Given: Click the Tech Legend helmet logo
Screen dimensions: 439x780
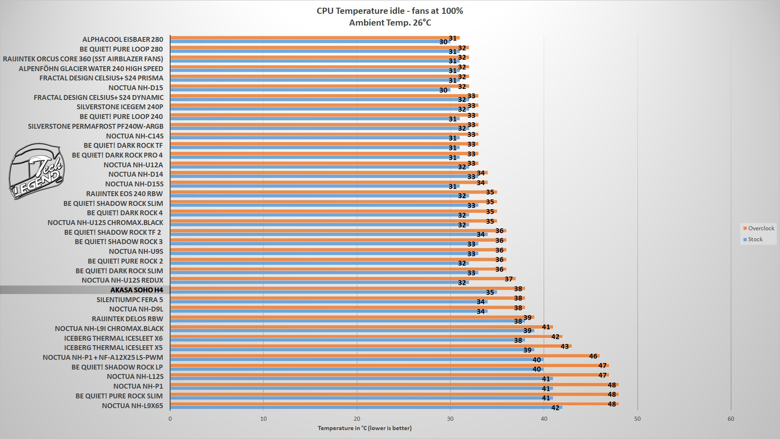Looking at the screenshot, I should (x=36, y=172).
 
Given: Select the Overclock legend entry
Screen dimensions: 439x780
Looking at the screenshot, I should (x=758, y=228).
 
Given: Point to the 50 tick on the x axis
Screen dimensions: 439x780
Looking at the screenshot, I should (x=637, y=419).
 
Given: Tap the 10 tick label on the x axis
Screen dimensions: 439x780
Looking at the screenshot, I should (x=264, y=419).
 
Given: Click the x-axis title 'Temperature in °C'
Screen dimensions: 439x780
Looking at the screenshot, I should (x=364, y=428).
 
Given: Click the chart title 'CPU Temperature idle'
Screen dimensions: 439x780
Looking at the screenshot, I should (x=389, y=11).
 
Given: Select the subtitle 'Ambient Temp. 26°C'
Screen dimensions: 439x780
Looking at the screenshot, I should (x=390, y=23).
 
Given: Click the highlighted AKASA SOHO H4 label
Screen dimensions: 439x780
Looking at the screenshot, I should (x=136, y=290).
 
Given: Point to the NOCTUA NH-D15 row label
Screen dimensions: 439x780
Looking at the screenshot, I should (x=136, y=88).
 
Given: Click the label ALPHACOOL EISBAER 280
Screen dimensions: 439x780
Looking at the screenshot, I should (x=123, y=39).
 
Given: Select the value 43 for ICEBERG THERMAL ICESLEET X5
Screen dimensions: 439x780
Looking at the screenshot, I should (x=564, y=346).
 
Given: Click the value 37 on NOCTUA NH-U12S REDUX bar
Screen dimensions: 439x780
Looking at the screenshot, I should (x=508, y=279).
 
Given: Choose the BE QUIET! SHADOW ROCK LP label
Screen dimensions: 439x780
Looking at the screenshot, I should (x=117, y=367).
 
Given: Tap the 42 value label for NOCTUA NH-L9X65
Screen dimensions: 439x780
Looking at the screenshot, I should (x=555, y=408).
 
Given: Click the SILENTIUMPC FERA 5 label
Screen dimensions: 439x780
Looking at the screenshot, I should (x=130, y=300).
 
